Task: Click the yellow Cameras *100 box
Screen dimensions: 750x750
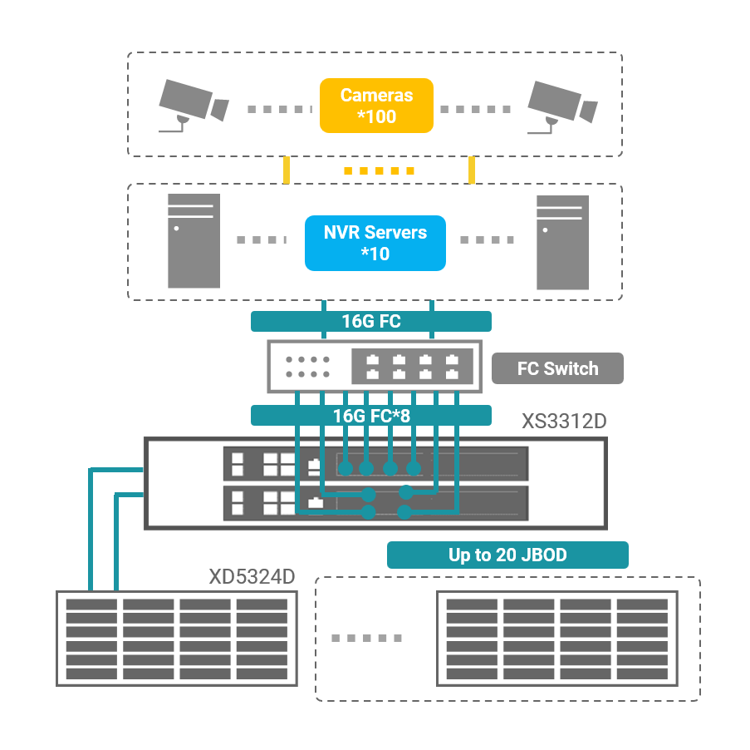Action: [376, 106]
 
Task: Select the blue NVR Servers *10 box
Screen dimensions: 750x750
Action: [375, 243]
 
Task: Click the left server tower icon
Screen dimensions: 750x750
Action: [194, 240]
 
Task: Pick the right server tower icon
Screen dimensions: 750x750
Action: [562, 241]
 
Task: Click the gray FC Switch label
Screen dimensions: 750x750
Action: [556, 368]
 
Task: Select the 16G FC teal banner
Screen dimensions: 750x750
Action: [371, 321]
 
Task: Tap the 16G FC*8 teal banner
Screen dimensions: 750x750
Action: [371, 415]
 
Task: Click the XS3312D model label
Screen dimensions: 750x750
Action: [564, 421]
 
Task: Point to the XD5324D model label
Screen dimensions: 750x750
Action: [252, 577]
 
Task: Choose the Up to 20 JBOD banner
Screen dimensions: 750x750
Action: [507, 555]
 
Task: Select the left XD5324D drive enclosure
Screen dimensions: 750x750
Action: [176, 638]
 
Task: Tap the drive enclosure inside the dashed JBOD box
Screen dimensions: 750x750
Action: [557, 638]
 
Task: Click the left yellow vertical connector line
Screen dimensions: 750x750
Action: [287, 170]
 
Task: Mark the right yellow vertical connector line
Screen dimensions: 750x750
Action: [472, 170]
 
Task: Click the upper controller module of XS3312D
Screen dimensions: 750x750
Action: [375, 464]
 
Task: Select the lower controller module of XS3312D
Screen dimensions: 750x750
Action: [375, 501]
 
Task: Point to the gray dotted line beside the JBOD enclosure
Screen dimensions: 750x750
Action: [366, 639]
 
